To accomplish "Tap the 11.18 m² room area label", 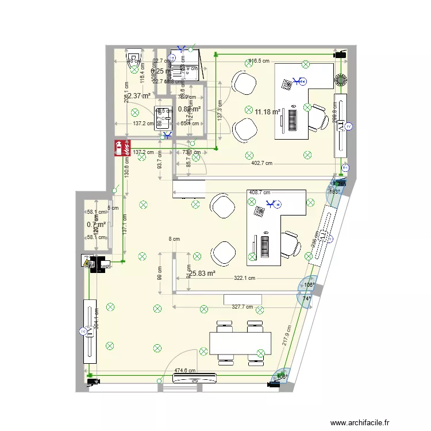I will point(267,111).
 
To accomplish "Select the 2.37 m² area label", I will point(138,96).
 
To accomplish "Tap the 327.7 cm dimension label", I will point(242,307).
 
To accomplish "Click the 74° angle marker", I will point(307,299).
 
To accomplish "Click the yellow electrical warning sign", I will point(87,263).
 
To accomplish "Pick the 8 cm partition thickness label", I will point(174,238).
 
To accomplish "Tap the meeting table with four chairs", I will point(239,343).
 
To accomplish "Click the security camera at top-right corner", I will point(340,53).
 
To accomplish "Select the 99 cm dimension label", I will point(161,273).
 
